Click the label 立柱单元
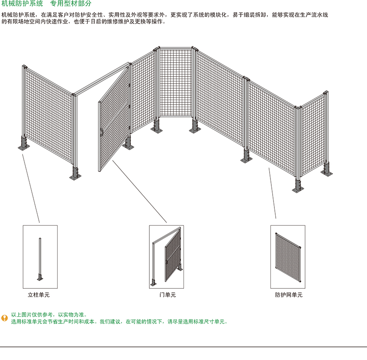pos(38,295)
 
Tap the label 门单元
pos(168,295)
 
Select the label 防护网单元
pos(289,295)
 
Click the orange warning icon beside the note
pos(4,318)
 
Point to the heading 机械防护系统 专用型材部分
pos(46,3)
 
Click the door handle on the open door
pos(101,133)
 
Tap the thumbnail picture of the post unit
pos(40,257)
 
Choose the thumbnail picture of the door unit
pos(166,257)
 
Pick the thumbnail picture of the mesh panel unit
pos(288,257)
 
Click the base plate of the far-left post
pos(24,147)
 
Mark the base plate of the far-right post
pos(326,173)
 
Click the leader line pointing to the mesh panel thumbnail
pos(273,193)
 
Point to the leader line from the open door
pos(139,191)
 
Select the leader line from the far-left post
pos(31,188)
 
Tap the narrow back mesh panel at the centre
pos(176,82)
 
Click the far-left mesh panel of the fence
pos(48,115)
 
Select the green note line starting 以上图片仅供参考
pos(49,315)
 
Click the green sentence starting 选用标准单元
pos(119,322)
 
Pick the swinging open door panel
pos(114,119)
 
